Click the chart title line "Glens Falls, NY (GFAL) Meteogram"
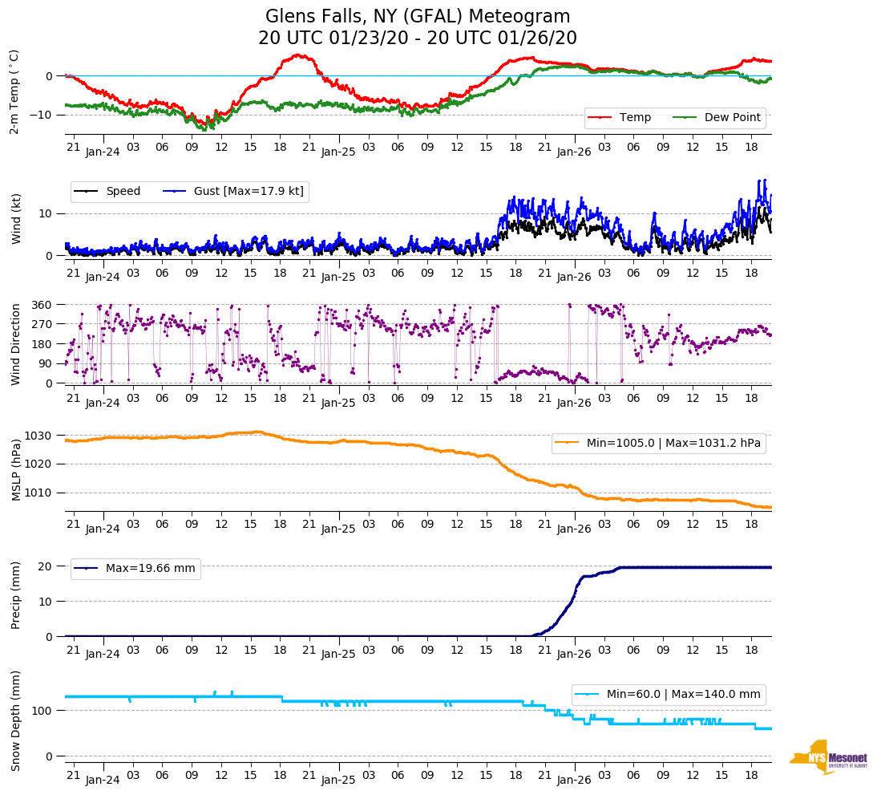coord(418,17)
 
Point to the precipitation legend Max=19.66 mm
coord(135,569)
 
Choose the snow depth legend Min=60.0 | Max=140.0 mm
coord(669,694)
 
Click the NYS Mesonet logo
coord(828,757)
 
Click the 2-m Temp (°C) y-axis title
coord(14,91)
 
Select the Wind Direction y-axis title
coord(15,343)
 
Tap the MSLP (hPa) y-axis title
coord(15,470)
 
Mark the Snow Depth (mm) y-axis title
coord(15,720)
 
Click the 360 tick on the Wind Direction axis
coord(42,305)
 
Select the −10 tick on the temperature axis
coord(41,115)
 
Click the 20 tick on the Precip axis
coord(46,566)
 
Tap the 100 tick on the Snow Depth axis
coord(42,711)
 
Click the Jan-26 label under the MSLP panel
coord(574,529)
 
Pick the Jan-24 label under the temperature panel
coord(103,152)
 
